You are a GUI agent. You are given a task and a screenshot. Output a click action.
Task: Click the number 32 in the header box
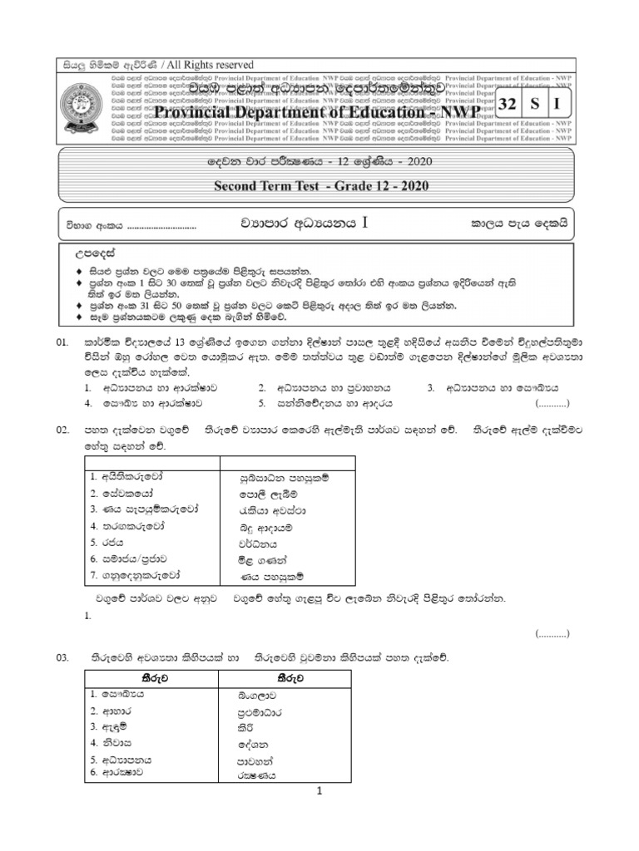[507, 105]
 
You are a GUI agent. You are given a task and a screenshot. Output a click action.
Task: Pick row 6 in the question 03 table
[117, 772]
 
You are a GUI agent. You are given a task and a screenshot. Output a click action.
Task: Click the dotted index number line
[162, 226]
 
